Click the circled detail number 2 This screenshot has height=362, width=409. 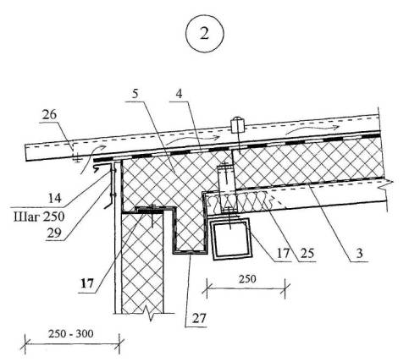click(204, 33)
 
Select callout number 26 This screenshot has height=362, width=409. click(49, 115)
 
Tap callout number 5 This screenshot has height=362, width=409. click(135, 94)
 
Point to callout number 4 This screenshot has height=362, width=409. click(179, 94)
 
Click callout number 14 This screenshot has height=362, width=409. click(54, 198)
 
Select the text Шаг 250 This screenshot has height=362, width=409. click(39, 217)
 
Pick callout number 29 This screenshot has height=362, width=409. click(54, 233)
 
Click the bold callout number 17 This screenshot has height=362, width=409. click(87, 283)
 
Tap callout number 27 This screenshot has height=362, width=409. click(200, 319)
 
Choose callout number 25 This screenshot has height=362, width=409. click(307, 253)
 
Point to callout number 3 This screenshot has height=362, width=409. click(359, 253)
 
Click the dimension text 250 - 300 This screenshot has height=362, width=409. click(70, 334)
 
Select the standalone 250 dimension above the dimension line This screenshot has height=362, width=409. click(247, 279)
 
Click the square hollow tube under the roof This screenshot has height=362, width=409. click(230, 239)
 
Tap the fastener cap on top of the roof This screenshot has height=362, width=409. click(237, 125)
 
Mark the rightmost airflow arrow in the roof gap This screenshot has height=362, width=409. click(312, 129)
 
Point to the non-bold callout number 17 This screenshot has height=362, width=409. click(283, 253)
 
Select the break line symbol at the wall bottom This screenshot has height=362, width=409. click(150, 313)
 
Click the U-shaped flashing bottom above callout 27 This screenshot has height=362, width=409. click(189, 252)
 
